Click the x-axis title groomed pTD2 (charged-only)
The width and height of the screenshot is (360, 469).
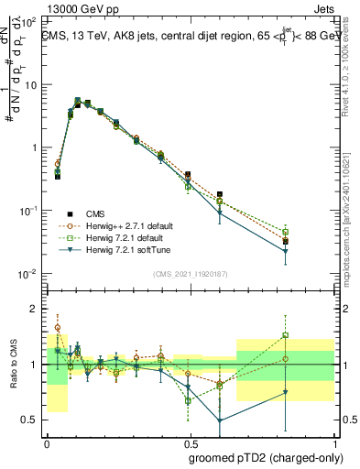pos(267,457)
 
